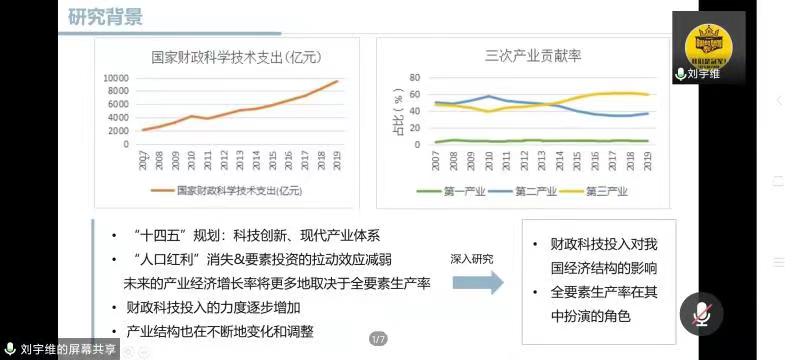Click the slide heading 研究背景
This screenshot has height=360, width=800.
105,17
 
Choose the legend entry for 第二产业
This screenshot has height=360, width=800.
536,190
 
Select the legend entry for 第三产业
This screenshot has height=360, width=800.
604,190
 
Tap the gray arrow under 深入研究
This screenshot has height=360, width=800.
477,282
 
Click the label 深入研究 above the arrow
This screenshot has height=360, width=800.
473,258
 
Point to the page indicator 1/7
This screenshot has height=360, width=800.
378,338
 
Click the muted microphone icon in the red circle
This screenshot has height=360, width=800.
701,314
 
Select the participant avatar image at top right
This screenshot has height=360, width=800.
710,40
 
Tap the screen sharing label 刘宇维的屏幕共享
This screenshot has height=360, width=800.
62,349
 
